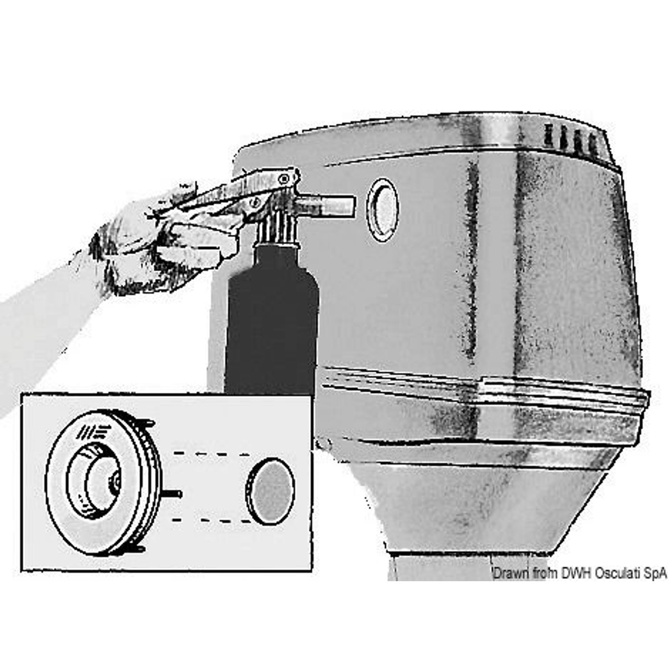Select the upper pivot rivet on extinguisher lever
click(x=282, y=179)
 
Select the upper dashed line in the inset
click(x=210, y=454)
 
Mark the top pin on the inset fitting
click(x=147, y=421)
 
